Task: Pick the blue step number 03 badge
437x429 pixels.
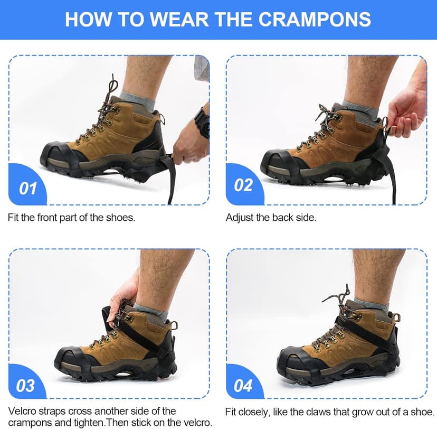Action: [25, 385]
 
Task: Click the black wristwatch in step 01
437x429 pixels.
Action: [202, 122]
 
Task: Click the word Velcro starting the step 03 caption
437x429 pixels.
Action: [21, 411]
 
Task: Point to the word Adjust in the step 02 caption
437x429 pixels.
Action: [239, 218]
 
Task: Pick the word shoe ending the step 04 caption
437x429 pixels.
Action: [423, 411]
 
